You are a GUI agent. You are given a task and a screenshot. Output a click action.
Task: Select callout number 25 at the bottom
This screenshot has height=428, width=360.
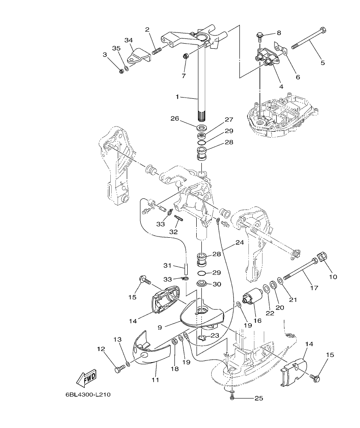[x=258, y=398]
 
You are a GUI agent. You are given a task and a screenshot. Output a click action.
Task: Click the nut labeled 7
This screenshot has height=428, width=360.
[x=186, y=56]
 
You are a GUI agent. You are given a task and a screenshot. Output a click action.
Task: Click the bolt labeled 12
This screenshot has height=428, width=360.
[x=120, y=368]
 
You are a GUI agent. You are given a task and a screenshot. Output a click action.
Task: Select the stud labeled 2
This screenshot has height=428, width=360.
[x=157, y=51]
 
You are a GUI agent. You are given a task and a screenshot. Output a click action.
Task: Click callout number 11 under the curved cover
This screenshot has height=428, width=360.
[x=155, y=379]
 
